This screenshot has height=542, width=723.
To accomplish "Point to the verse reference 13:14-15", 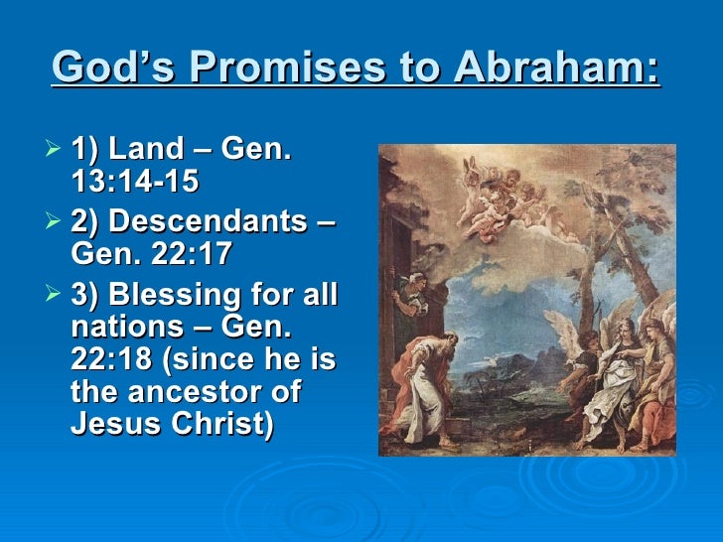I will [135, 182].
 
